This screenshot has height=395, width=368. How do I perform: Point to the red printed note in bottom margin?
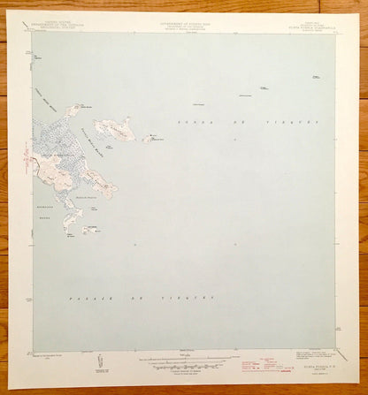(x=263, y=362)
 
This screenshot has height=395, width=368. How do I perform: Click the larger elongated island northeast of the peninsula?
(x=115, y=130)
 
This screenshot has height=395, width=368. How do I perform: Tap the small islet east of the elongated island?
(x=148, y=139)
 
